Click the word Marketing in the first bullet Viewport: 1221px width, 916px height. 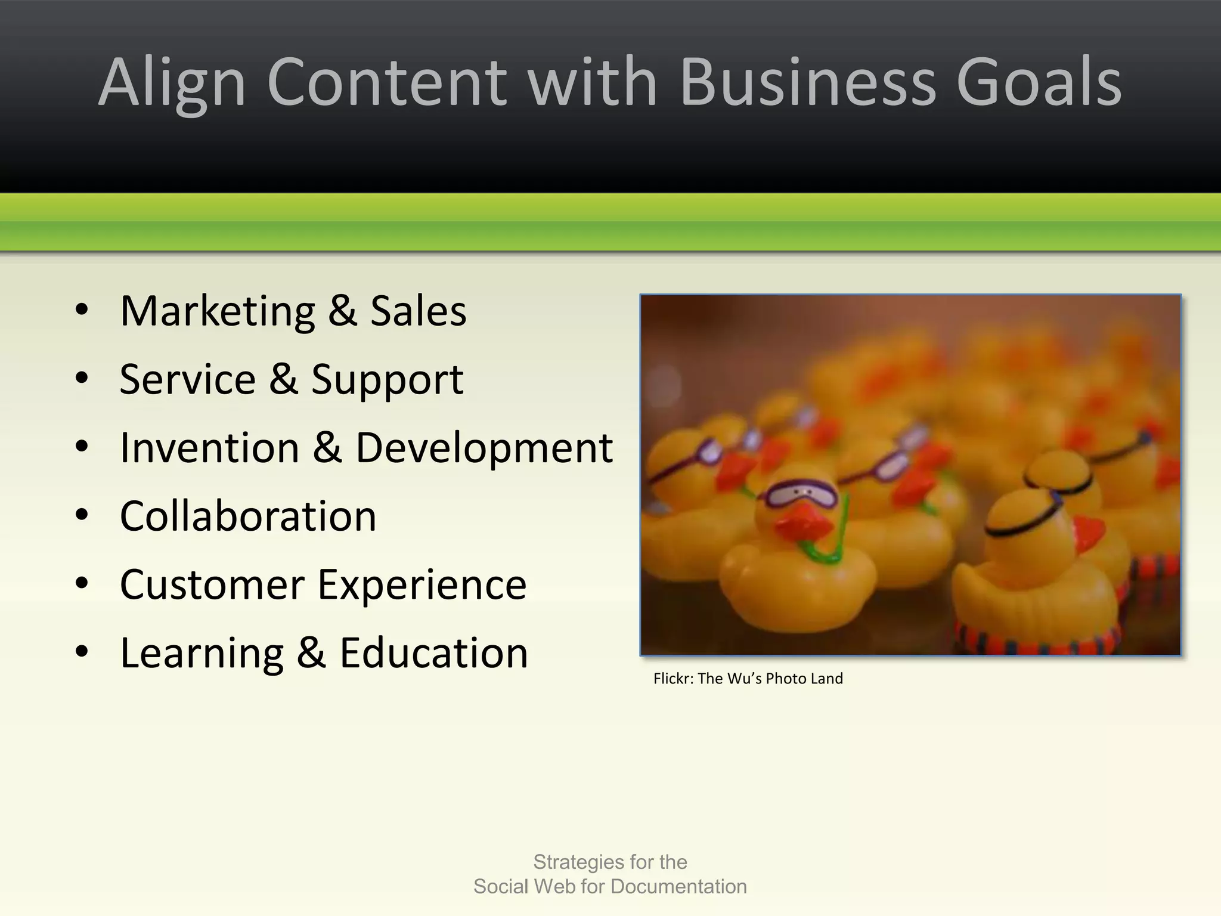(218, 311)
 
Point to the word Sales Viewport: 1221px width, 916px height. (418, 311)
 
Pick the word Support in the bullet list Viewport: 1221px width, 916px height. (387, 380)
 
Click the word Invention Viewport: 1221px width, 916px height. (209, 447)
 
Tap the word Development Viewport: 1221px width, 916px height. (484, 448)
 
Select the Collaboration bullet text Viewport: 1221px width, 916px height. (248, 516)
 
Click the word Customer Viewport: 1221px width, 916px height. (212, 584)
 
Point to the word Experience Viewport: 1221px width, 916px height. (422, 586)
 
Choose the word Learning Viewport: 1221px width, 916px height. (202, 654)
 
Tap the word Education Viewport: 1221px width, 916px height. (433, 653)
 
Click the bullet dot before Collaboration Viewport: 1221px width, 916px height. (82, 515)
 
